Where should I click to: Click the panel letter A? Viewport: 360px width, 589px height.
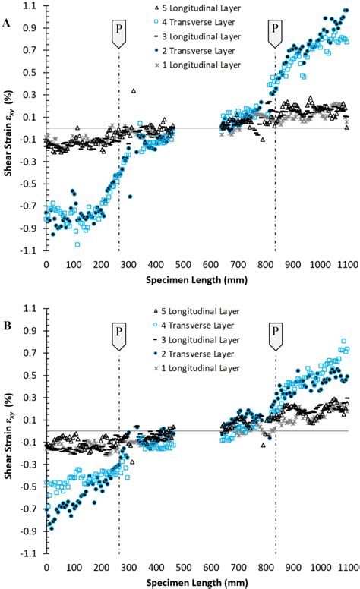[7, 24]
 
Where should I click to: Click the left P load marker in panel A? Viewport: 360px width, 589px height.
[119, 35]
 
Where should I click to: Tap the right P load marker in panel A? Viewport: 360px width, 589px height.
[275, 35]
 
